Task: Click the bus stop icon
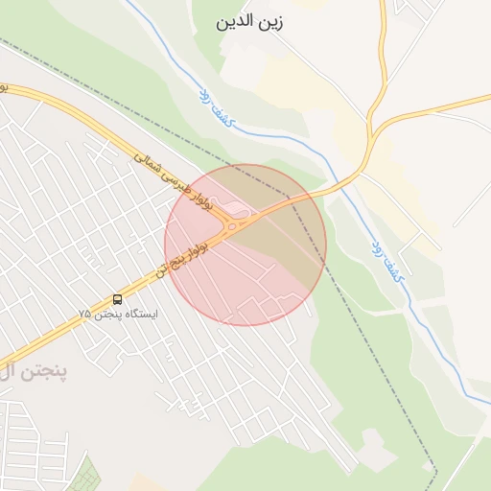[x=118, y=299]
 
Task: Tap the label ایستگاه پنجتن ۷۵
[x=118, y=314]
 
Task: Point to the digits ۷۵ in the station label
[x=84, y=314]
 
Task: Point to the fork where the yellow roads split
[x=370, y=135]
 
